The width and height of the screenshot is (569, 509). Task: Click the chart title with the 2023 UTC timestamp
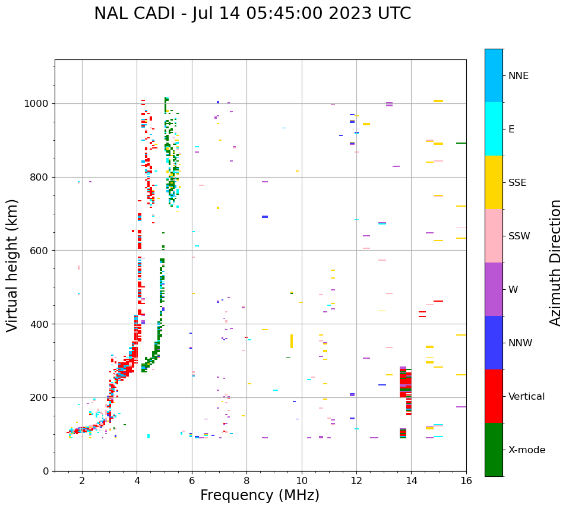coord(252,14)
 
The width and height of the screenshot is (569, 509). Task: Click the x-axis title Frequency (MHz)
coord(260,495)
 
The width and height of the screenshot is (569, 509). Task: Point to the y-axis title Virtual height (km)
coord(12,265)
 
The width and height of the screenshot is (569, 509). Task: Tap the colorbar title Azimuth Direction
coord(555,263)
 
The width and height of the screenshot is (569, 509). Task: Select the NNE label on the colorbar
coord(518,76)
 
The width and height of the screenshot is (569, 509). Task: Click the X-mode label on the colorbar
coord(526,450)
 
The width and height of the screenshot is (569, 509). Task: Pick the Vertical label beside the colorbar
coord(526,397)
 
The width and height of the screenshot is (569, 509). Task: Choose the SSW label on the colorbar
coord(519,236)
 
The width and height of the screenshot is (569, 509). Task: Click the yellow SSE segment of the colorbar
coord(494,182)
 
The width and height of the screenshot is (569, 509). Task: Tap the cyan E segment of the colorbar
coord(494,129)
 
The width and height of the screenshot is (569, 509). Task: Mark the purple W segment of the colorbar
coord(494,289)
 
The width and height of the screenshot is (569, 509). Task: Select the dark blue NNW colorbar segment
coord(494,343)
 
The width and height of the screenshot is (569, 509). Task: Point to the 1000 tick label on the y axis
coord(37,104)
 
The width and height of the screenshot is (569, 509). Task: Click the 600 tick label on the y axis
coord(40,251)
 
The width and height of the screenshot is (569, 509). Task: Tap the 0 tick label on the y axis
coord(46,471)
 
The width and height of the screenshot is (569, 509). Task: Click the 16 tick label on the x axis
coord(466,480)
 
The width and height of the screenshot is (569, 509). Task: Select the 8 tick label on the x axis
coord(246,480)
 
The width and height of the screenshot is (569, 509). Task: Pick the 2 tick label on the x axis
coord(82,480)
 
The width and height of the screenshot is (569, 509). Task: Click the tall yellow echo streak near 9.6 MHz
coord(291,341)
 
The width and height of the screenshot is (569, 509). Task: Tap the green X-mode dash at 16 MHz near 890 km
coord(461,143)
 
